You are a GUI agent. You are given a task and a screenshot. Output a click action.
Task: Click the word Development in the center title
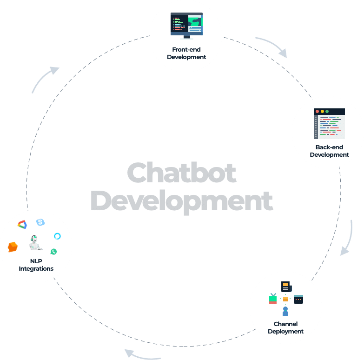(181, 201)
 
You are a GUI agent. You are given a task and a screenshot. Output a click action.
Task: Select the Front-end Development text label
(186, 53)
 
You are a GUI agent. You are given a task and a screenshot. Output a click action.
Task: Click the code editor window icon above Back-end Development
(330, 124)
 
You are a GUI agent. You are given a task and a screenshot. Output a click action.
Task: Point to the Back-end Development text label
(329, 151)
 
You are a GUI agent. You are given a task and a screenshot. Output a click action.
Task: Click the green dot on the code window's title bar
(327, 112)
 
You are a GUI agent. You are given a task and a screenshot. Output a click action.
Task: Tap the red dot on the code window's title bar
(317, 112)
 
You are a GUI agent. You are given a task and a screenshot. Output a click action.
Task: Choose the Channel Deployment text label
(285, 328)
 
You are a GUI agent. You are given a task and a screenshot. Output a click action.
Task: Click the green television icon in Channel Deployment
(273, 299)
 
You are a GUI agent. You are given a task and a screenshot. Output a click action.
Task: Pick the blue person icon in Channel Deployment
(285, 311)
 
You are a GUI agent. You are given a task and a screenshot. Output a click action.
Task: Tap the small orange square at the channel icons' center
(285, 299)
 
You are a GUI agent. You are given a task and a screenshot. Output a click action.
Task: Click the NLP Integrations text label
(36, 265)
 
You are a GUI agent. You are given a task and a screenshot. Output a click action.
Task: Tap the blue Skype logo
(40, 222)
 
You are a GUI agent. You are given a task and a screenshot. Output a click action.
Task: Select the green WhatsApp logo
(54, 251)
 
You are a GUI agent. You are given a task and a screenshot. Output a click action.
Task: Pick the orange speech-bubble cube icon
(13, 247)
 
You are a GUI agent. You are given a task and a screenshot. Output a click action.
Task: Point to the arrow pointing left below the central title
(142, 354)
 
